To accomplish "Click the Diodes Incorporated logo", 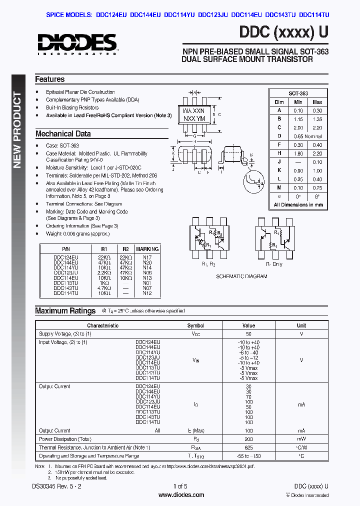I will tap(76, 44).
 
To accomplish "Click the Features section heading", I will tap(49, 79).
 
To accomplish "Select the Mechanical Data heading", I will tap(63, 134).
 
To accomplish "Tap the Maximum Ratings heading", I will tap(65, 311).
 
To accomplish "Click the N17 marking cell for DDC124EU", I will tap(147, 257).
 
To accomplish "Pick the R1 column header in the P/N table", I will tap(103, 248).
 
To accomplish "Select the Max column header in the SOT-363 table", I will tap(317, 102).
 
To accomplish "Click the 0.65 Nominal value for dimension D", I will tap(307, 136).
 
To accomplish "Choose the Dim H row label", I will tap(279, 153).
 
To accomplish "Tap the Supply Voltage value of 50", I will tap(248, 333).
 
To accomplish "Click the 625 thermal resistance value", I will tap(248, 447).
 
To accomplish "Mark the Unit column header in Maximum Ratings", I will tap(301, 325).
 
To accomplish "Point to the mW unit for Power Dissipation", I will tap(301, 439).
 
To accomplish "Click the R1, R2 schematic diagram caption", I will tap(208, 263).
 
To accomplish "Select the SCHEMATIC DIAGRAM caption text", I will tap(241, 276).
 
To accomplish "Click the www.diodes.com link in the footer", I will tap(181, 495).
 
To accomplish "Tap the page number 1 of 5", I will tap(180, 486).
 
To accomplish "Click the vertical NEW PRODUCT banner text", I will tap(17, 130).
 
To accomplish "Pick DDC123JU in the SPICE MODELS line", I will tap(213, 15).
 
